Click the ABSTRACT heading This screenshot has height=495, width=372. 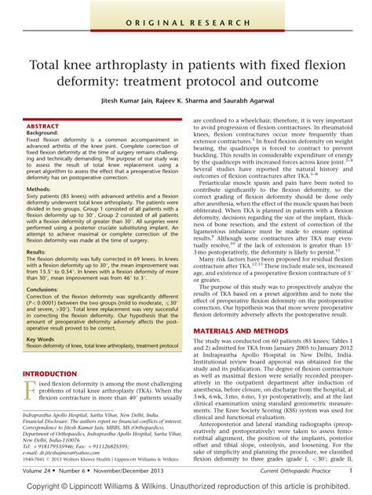[x=42, y=125]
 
